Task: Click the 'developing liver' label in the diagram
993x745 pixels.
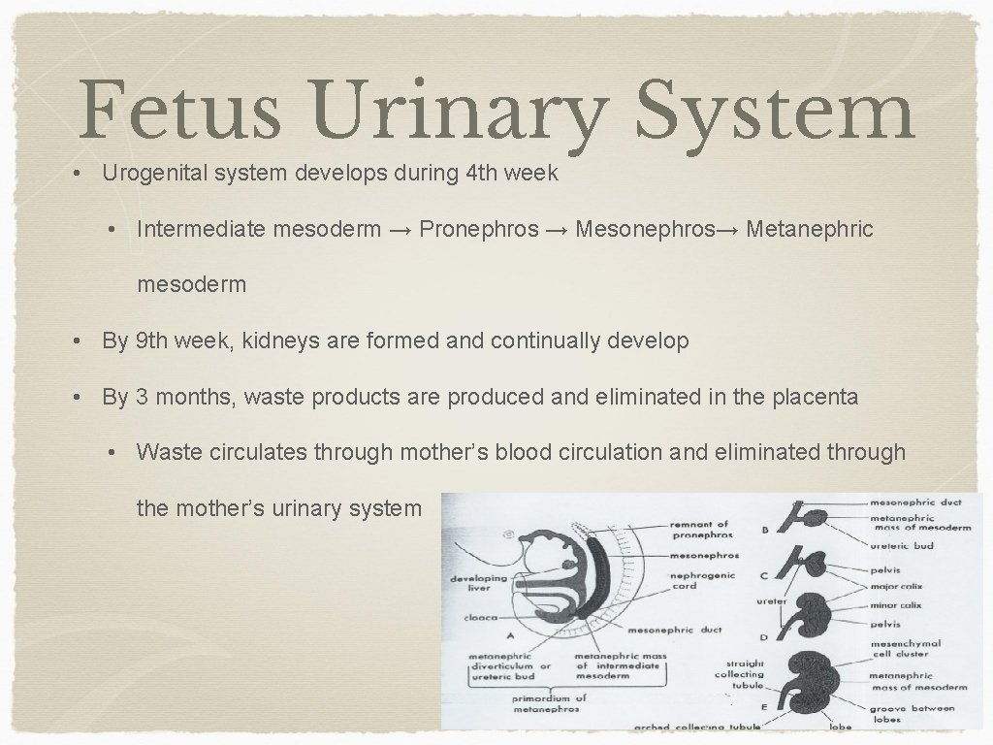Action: [x=477, y=583]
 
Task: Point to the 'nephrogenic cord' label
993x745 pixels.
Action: [x=702, y=580]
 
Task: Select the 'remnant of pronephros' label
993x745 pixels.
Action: [x=700, y=530]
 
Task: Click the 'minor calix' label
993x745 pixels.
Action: [x=895, y=605]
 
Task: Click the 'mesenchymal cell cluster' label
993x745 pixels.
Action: [x=905, y=648]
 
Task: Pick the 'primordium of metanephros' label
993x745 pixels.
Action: [x=549, y=703]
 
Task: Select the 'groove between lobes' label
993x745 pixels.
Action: [x=911, y=713]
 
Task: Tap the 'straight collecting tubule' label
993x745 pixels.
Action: [x=739, y=674]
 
